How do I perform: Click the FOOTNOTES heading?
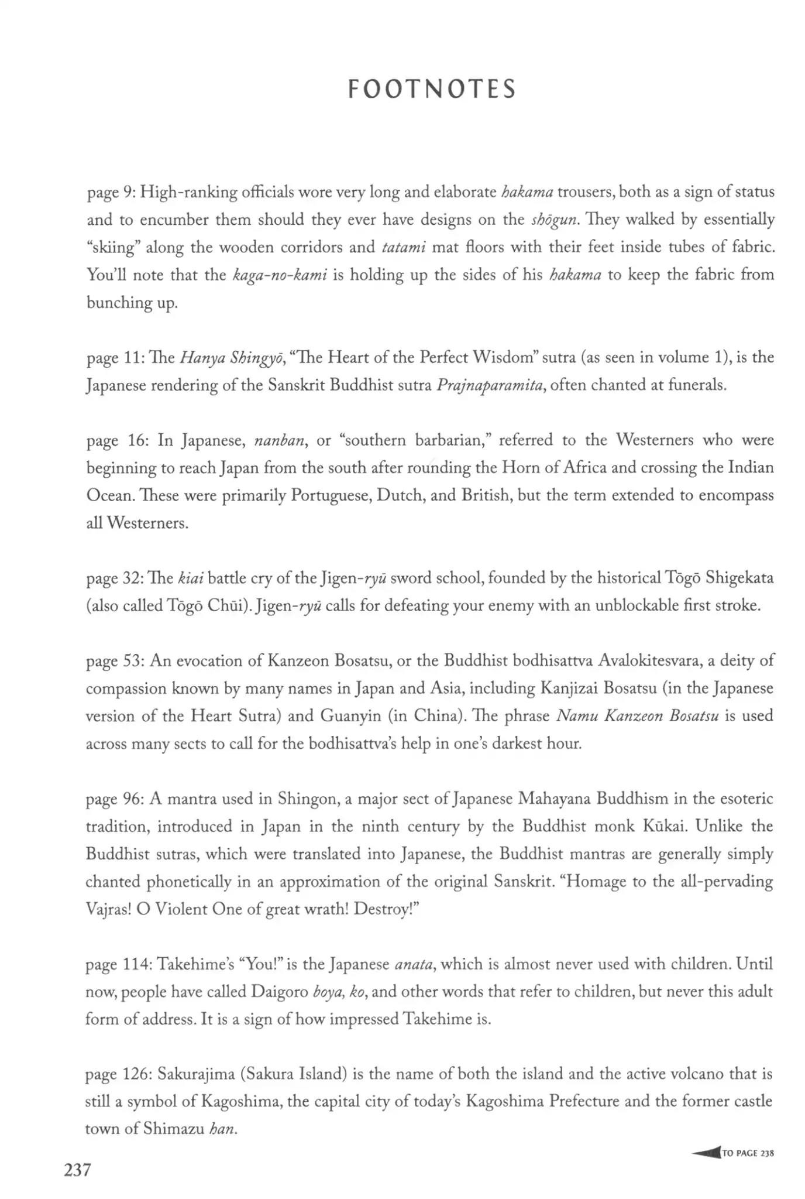[432, 90]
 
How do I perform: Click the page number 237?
[77, 1170]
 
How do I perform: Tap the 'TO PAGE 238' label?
[748, 1153]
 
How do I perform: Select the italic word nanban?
[280, 441]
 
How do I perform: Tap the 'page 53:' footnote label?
[114, 661]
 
